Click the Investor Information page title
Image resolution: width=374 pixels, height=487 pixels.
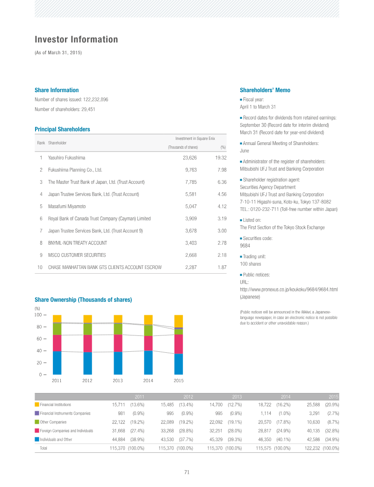pyautogui.click(x=76, y=39)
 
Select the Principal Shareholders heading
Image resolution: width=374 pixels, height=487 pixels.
pyautogui.click(x=62, y=129)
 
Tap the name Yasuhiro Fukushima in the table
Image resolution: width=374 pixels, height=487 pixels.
pyautogui.click(x=66, y=158)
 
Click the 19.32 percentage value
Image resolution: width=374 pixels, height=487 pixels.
pyautogui.click(x=221, y=158)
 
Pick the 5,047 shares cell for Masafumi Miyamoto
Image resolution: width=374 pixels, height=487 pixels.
pyautogui.click(x=191, y=206)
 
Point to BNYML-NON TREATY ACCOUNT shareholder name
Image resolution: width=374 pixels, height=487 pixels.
pyautogui.click(x=78, y=243)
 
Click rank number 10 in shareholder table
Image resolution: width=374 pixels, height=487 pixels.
pyautogui.click(x=40, y=267)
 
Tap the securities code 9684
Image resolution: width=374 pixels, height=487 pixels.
pyautogui.click(x=245, y=246)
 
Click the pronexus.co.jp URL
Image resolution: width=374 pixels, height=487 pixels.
pyautogui.click(x=288, y=290)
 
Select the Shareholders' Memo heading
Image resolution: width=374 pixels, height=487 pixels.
pyautogui.click(x=265, y=90)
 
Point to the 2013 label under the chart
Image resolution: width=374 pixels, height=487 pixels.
pyautogui.click(x=118, y=380)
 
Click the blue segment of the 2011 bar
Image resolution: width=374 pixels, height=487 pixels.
pyautogui.click(x=57, y=363)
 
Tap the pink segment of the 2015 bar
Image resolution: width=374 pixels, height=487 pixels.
pyautogui.click(x=179, y=344)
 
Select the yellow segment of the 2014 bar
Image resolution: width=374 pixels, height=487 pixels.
pyautogui.click(x=148, y=320)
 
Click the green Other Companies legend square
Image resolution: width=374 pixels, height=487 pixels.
pyautogui.click(x=37, y=422)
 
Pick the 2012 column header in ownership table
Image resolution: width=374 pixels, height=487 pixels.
pyautogui.click(x=188, y=397)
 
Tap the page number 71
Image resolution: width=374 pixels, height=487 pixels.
pyautogui.click(x=187, y=472)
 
